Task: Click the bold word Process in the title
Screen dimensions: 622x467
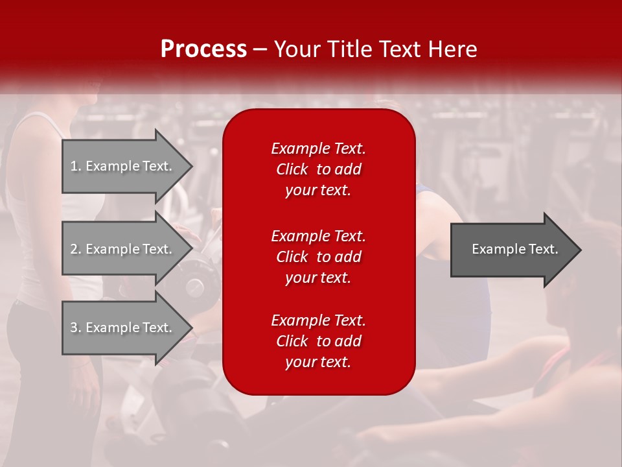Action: (x=203, y=49)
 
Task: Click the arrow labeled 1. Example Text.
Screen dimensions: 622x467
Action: (x=128, y=166)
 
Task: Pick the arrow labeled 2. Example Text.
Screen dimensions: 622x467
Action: (x=128, y=248)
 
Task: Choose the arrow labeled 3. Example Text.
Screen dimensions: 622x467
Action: (x=128, y=328)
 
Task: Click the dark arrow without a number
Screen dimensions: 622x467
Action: (x=516, y=250)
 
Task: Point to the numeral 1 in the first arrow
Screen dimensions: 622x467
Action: (x=73, y=166)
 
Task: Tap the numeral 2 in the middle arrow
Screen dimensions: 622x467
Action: (x=74, y=249)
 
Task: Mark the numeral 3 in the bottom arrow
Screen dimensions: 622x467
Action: (x=74, y=328)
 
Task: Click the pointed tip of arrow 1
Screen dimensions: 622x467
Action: (x=193, y=166)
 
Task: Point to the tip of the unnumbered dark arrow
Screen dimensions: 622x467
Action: (x=582, y=250)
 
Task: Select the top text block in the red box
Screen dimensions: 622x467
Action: (x=318, y=169)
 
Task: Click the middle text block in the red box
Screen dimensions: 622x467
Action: (x=318, y=257)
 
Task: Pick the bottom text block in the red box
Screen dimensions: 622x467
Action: (x=318, y=341)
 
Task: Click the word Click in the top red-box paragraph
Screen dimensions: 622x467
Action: (x=292, y=169)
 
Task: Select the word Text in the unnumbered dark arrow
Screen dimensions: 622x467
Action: (x=543, y=249)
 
